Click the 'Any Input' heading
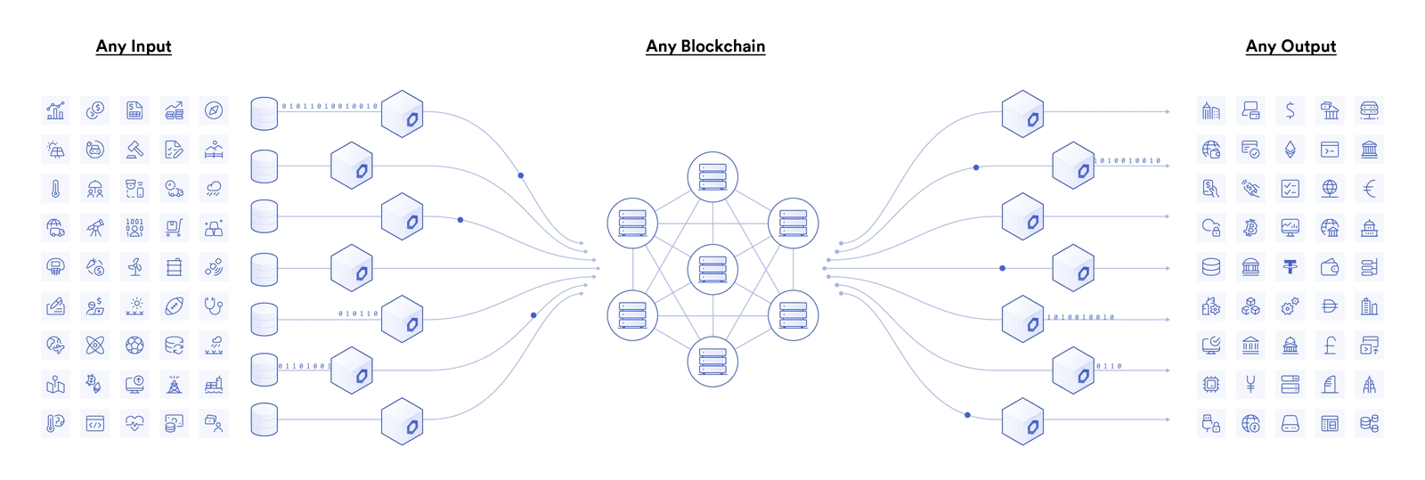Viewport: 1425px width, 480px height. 134,46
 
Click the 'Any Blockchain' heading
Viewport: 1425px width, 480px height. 705,46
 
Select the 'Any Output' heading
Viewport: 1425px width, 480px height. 1291,46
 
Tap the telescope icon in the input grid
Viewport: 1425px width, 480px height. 95,228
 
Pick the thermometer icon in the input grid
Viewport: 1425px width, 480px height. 55,189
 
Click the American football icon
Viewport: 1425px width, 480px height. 175,306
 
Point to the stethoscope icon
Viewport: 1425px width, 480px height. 214,306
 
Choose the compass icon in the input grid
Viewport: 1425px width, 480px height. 214,110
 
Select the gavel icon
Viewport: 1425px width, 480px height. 134,150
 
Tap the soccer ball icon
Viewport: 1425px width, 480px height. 134,346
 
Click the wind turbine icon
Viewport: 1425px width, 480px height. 134,267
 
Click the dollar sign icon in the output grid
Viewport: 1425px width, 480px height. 1291,110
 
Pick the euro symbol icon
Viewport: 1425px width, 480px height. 1370,189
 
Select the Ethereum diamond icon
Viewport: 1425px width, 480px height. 1291,150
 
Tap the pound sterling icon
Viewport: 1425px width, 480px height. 1330,346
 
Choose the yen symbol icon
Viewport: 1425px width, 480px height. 1250,385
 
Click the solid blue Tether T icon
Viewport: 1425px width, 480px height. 1291,267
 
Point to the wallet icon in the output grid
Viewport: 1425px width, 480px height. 1330,267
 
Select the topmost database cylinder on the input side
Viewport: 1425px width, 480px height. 265,114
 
